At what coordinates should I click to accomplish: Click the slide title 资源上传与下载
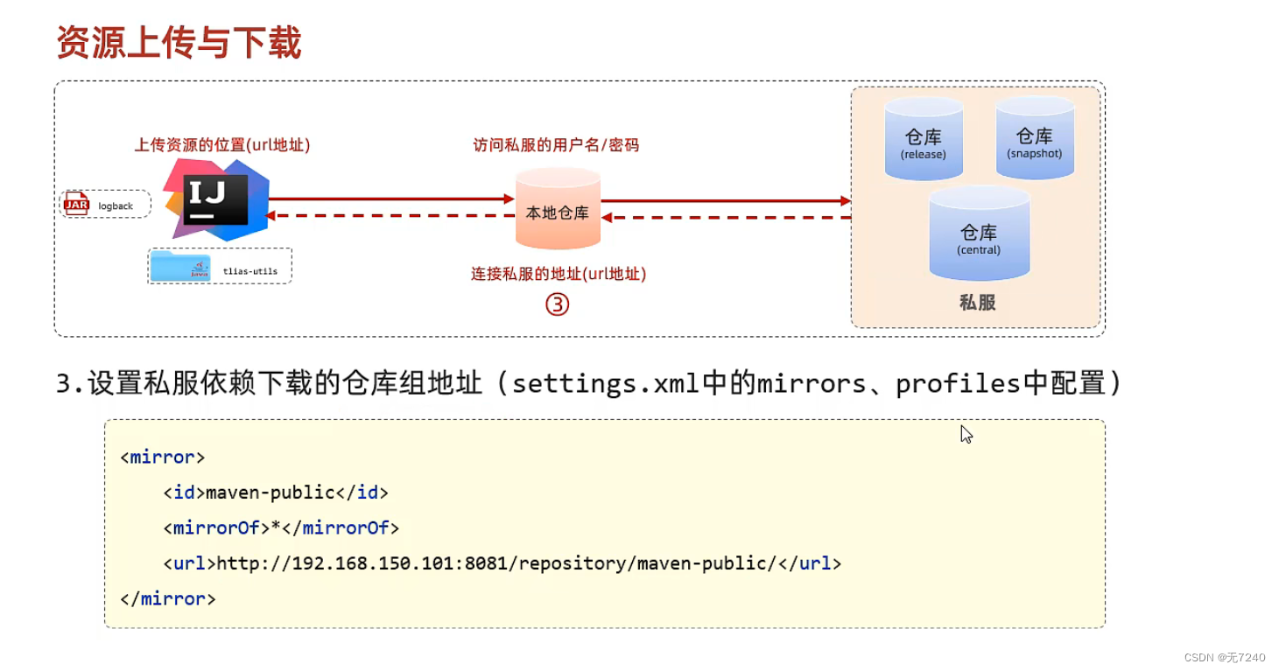click(x=179, y=42)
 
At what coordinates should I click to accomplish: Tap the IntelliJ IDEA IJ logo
click(x=216, y=199)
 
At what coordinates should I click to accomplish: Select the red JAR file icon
click(x=76, y=205)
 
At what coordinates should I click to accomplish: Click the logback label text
click(x=116, y=206)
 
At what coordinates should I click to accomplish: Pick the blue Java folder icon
click(x=179, y=266)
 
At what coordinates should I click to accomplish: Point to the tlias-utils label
click(x=250, y=271)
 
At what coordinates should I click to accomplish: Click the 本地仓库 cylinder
click(x=558, y=210)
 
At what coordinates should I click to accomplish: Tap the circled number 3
click(x=558, y=304)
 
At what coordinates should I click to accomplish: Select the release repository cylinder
click(x=924, y=140)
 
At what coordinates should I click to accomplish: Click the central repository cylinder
click(x=979, y=234)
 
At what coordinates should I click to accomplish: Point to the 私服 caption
click(x=978, y=303)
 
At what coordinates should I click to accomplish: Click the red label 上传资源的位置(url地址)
click(x=222, y=145)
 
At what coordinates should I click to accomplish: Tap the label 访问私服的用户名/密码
click(x=556, y=145)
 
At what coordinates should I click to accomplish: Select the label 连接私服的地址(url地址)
click(x=559, y=274)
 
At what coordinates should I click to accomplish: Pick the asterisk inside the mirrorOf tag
click(x=276, y=527)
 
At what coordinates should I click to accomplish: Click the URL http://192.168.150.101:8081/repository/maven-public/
click(x=496, y=563)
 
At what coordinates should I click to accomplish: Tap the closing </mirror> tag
click(x=168, y=599)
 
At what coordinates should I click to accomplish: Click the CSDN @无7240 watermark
click(x=1225, y=657)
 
